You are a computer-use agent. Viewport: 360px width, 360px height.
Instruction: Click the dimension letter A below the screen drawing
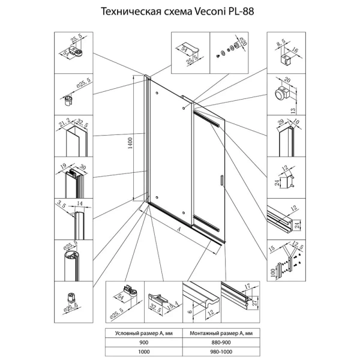click(179, 228)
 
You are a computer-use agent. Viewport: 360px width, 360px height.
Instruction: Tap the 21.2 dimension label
click(65, 122)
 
